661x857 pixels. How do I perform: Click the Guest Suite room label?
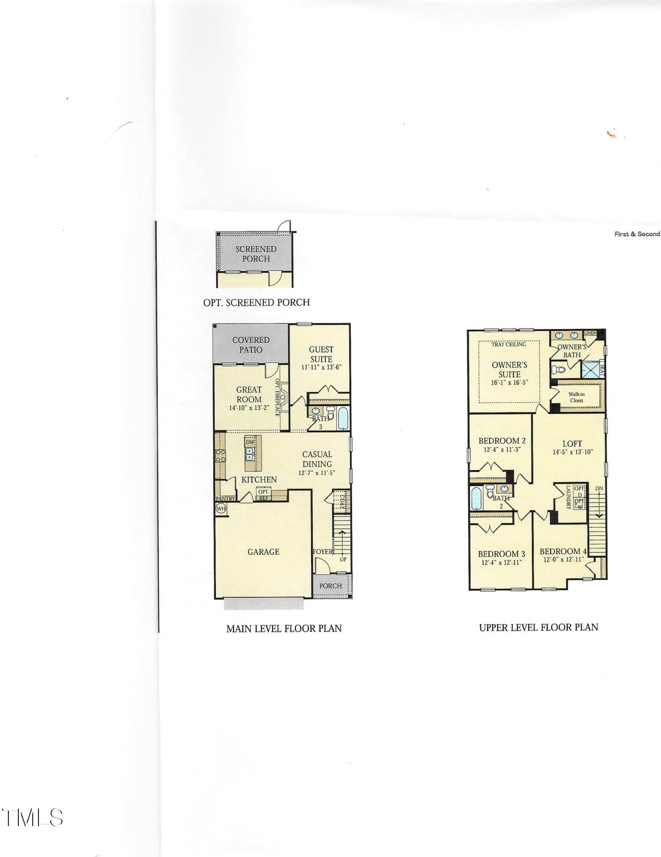(321, 354)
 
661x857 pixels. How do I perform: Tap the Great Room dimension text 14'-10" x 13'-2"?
(249, 408)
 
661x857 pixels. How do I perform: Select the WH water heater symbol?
(221, 509)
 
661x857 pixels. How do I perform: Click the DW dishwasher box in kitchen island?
(250, 442)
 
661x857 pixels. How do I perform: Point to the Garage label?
(263, 552)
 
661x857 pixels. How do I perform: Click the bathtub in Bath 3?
(343, 418)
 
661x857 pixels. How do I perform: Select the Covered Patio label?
(251, 345)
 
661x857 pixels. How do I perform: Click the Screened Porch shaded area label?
(256, 254)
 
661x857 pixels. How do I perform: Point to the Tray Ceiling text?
(509, 344)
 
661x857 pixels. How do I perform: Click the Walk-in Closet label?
(576, 397)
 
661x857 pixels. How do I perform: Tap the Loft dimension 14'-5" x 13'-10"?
(572, 452)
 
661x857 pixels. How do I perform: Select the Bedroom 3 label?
(501, 554)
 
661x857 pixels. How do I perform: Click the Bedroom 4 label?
(563, 551)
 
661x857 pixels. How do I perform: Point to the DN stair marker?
(599, 488)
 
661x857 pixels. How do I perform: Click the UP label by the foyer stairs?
(343, 560)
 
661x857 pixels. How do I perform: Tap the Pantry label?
(225, 499)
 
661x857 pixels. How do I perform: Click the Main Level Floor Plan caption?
(284, 629)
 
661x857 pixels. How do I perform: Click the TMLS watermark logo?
(32, 818)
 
